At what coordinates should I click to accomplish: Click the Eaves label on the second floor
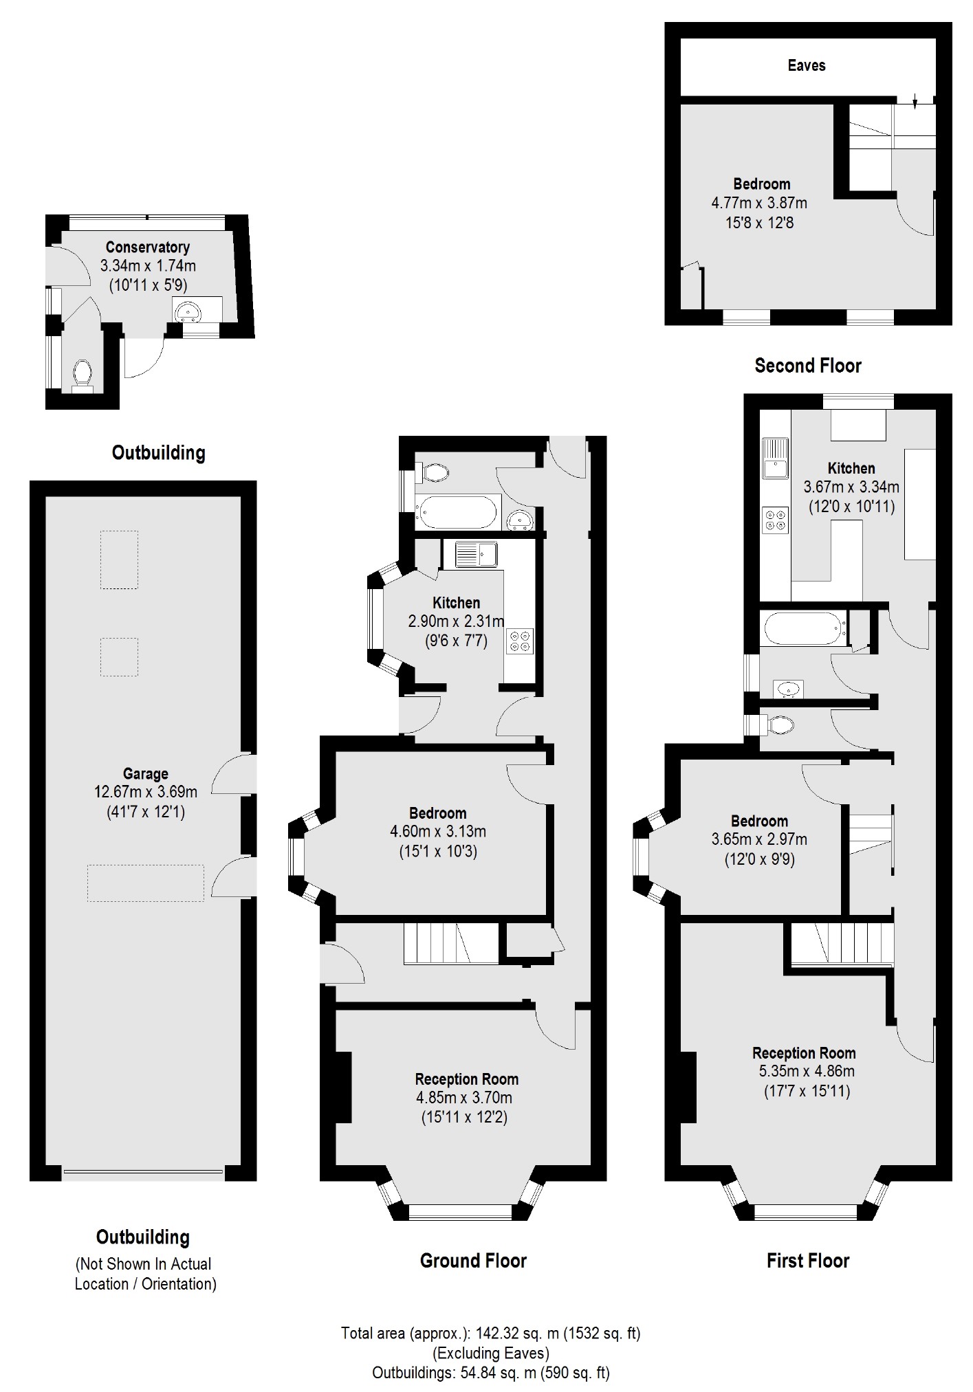pyautogui.click(x=806, y=66)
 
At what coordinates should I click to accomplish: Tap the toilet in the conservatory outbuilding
pyautogui.click(x=83, y=373)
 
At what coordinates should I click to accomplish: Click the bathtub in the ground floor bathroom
pyautogui.click(x=457, y=512)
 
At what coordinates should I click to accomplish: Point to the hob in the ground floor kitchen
pyautogui.click(x=519, y=641)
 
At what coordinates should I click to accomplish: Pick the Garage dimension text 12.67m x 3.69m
pyautogui.click(x=145, y=792)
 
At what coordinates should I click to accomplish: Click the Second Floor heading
pyautogui.click(x=807, y=366)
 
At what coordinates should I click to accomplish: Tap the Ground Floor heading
pyautogui.click(x=473, y=1261)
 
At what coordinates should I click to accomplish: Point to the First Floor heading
pyautogui.click(x=807, y=1261)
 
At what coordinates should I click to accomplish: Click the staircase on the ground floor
pyautogui.click(x=450, y=943)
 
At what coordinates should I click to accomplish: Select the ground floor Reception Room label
pyautogui.click(x=466, y=1079)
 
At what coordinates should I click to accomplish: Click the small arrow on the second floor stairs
pyautogui.click(x=915, y=102)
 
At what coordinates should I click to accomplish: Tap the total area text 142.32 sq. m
pyautogui.click(x=490, y=1334)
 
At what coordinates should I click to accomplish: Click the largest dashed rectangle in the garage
pyautogui.click(x=145, y=883)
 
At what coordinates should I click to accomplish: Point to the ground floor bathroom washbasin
pyautogui.click(x=521, y=521)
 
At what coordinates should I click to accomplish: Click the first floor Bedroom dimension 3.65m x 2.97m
pyautogui.click(x=759, y=839)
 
